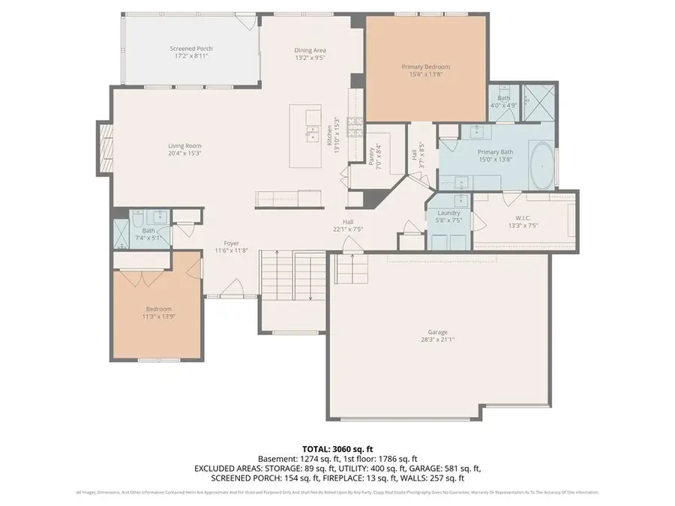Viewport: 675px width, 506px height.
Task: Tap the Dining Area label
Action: [x=310, y=50]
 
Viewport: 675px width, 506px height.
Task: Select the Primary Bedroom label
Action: [x=426, y=67]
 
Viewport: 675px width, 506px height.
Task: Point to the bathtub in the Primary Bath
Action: [x=542, y=166]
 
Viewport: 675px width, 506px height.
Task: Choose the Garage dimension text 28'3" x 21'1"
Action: [x=438, y=339]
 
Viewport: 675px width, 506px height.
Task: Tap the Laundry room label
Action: [x=448, y=214]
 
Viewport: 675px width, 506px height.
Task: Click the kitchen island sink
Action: [x=310, y=136]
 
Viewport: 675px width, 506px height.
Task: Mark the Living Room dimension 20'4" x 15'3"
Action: [x=184, y=153]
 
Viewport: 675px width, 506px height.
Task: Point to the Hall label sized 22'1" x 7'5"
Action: [x=348, y=226]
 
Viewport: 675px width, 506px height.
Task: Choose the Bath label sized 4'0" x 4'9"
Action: [x=503, y=101]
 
